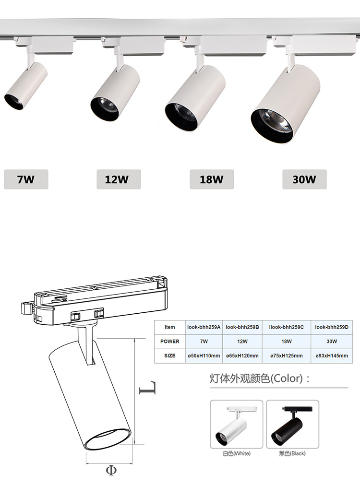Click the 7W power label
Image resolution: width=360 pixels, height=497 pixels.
coord(26,179)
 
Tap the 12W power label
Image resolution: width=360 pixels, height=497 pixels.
coord(119,179)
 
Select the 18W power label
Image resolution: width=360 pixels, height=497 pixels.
coord(212,179)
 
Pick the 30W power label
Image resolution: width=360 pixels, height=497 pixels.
coord(304,179)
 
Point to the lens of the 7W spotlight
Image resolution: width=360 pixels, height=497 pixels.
coord(14,102)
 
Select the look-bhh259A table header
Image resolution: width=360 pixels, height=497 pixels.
coord(204,327)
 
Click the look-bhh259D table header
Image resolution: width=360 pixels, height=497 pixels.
coord(331,327)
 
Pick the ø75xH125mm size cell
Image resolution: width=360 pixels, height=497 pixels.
coord(287,355)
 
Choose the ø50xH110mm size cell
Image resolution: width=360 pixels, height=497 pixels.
coord(204,355)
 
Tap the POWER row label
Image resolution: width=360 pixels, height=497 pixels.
coord(170,341)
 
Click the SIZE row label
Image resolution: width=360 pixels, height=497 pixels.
coord(170,355)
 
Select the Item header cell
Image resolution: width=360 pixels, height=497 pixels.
coord(170,327)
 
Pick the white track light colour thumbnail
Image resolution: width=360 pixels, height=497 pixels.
coord(236,425)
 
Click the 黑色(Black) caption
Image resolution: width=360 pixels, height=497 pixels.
coord(292,453)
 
